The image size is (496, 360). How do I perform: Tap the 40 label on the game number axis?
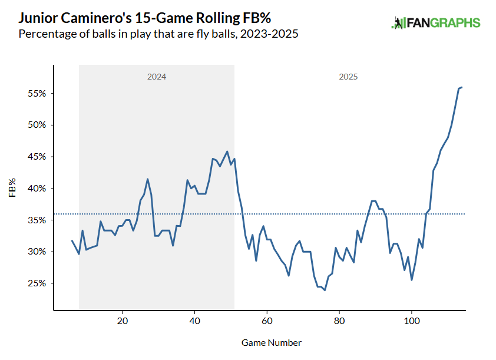pyautogui.click(x=194, y=321)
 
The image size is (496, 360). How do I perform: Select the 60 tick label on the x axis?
pyautogui.click(x=267, y=321)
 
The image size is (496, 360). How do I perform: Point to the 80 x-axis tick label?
pyautogui.click(x=339, y=321)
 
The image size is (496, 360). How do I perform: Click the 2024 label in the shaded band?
pyautogui.click(x=156, y=77)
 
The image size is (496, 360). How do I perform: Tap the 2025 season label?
pyautogui.click(x=348, y=77)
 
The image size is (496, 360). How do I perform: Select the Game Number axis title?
pyautogui.click(x=272, y=342)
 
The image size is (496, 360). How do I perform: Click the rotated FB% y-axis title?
pyautogui.click(x=12, y=189)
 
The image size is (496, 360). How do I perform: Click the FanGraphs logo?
pyautogui.click(x=436, y=24)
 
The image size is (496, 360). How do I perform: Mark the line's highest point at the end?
pyautogui.click(x=462, y=87)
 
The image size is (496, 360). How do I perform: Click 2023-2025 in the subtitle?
pyautogui.click(x=270, y=34)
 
